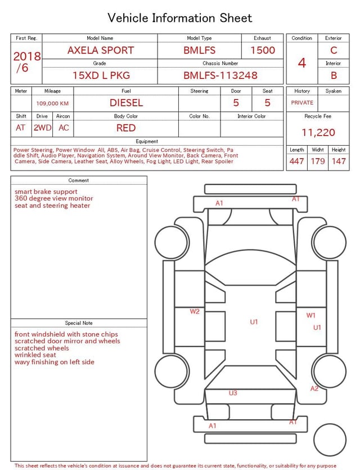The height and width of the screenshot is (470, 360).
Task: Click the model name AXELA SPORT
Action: (x=101, y=50)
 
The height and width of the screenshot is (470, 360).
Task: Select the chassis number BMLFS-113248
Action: (x=220, y=75)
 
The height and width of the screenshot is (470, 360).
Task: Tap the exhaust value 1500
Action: (x=263, y=50)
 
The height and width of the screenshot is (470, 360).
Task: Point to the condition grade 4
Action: (x=302, y=63)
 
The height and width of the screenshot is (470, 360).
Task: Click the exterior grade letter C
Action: (x=334, y=50)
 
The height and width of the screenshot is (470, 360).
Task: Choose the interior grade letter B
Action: (x=334, y=75)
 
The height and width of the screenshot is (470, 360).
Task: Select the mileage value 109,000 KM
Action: (x=52, y=104)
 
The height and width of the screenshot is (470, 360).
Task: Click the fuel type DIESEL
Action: (x=126, y=103)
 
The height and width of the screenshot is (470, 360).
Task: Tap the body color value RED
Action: (x=126, y=128)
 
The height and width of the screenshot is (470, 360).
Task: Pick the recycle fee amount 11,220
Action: (x=318, y=132)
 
